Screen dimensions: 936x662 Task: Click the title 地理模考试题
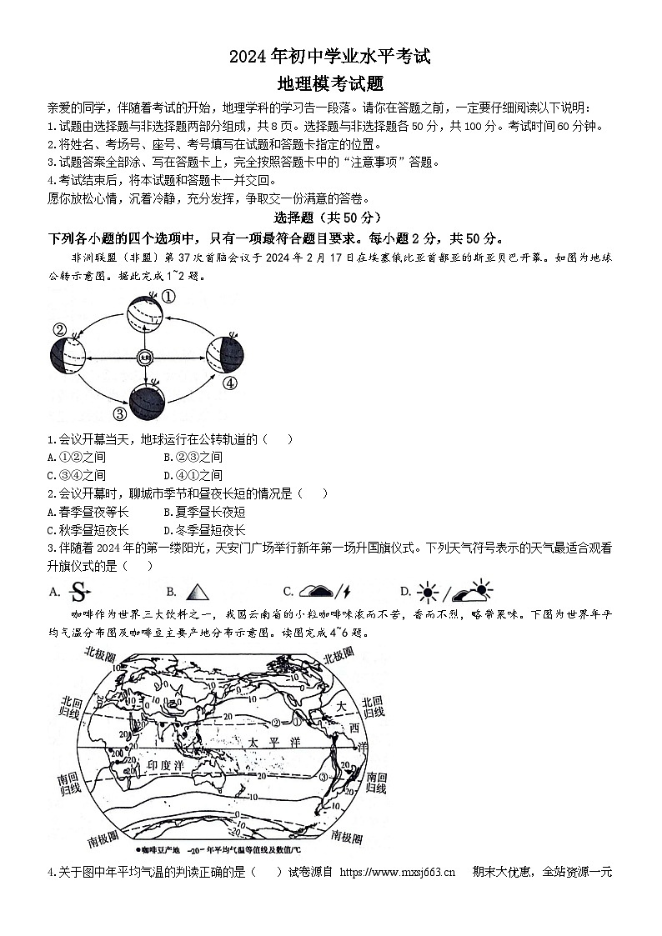click(331, 83)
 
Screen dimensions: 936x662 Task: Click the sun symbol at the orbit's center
click(143, 358)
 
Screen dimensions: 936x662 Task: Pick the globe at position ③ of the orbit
click(147, 403)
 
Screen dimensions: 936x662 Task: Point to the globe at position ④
click(224, 353)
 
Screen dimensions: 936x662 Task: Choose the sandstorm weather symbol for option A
click(78, 593)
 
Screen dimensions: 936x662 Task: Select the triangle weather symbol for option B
click(197, 593)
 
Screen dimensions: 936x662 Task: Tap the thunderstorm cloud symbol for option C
click(324, 593)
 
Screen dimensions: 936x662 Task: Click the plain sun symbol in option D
click(429, 593)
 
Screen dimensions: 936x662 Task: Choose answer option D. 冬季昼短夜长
click(204, 530)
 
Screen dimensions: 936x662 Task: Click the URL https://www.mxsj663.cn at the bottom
click(398, 873)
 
